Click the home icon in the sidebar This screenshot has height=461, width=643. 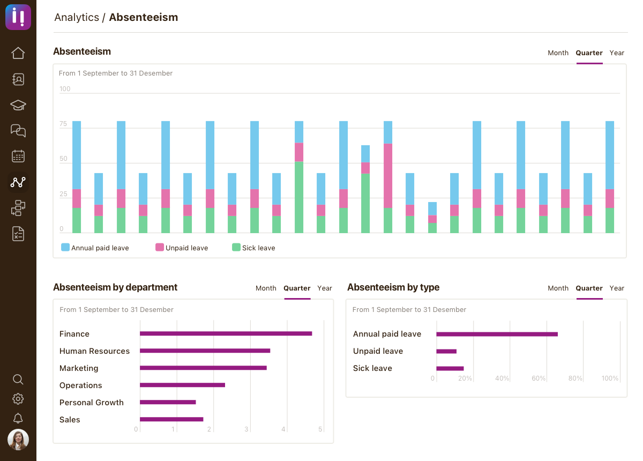click(x=18, y=53)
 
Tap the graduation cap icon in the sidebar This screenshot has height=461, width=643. click(x=18, y=105)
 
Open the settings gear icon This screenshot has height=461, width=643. click(x=18, y=399)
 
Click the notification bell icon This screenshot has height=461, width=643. click(x=18, y=418)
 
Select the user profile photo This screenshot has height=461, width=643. click(x=18, y=440)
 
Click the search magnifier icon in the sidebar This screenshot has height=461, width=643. click(x=18, y=380)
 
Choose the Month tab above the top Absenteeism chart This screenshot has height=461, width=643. click(x=558, y=53)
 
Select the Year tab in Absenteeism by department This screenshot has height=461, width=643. click(x=325, y=288)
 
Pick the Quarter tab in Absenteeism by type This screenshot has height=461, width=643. click(x=589, y=288)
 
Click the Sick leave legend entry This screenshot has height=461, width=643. click(x=253, y=248)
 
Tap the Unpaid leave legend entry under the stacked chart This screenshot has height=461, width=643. click(x=182, y=248)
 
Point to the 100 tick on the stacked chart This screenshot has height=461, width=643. click(x=65, y=89)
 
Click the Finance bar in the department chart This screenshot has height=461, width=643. click(x=226, y=333)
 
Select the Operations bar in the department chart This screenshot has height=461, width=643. click(x=182, y=385)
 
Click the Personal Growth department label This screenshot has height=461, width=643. click(x=92, y=403)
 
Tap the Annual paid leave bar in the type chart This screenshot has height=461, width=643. click(x=497, y=334)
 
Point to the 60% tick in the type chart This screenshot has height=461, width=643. click(x=539, y=378)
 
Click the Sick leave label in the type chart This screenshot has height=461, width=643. click(x=372, y=368)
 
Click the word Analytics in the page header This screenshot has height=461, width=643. click(x=77, y=17)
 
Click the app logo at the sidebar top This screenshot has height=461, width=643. click(x=18, y=17)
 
